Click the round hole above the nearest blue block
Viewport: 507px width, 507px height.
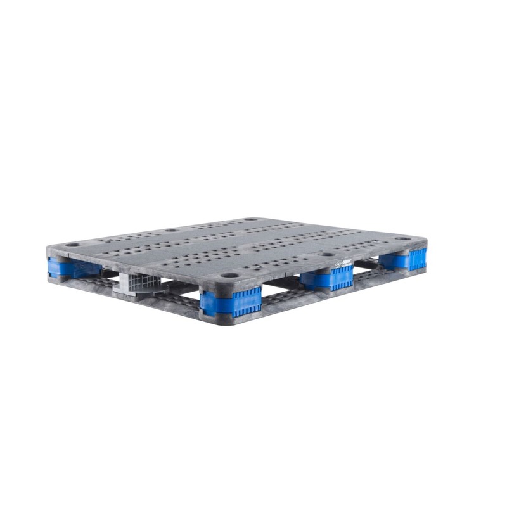coord(230,276)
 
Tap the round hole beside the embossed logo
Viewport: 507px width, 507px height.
coord(326,254)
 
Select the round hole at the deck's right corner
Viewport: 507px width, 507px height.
coord(403,238)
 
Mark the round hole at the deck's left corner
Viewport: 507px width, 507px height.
coord(72,244)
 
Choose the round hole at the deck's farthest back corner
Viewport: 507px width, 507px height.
coord(251,219)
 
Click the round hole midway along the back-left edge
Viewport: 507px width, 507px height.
coord(171,230)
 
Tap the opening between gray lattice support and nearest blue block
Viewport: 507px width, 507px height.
coord(181,290)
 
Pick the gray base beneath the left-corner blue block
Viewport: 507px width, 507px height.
coord(60,279)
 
